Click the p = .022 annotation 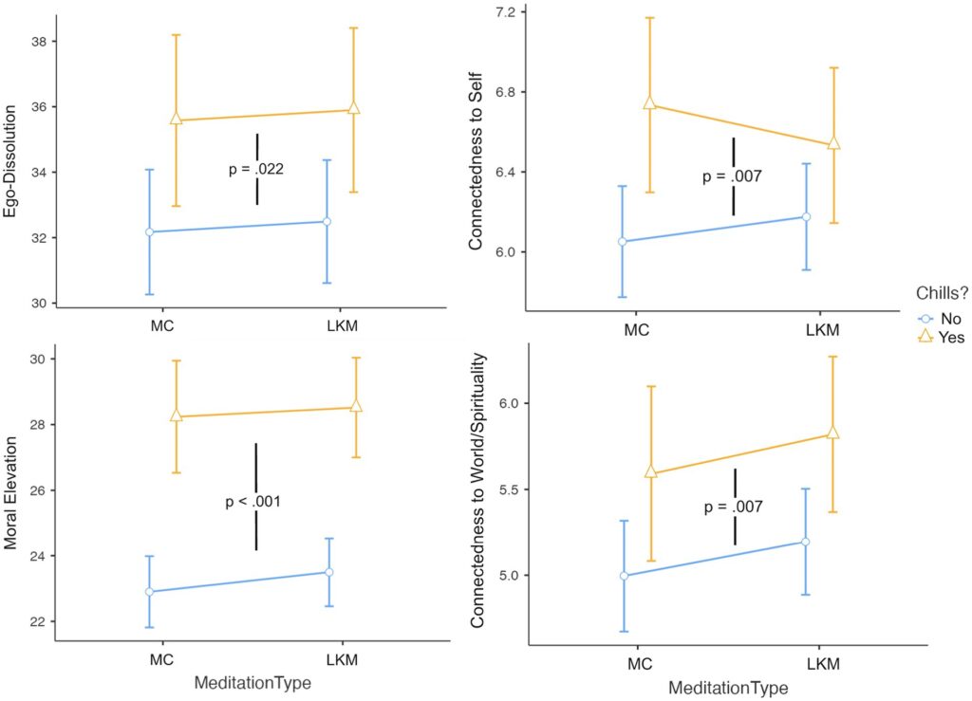[256, 170]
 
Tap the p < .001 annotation [252, 502]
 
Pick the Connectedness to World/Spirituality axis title [477, 493]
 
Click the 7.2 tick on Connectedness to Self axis [503, 12]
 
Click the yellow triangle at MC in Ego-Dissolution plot [176, 120]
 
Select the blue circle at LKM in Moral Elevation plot [329, 572]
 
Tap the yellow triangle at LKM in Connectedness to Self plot [834, 143]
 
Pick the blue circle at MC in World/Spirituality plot [624, 576]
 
